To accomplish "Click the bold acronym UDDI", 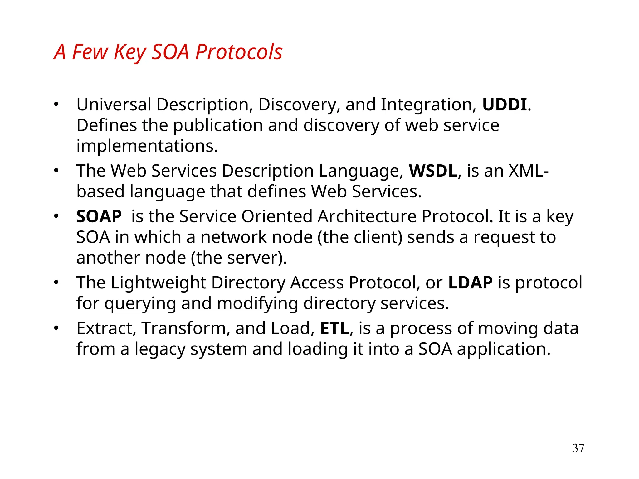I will pos(504,105).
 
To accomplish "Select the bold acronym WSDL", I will pos(433,171).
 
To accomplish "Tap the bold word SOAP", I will pos(99,216).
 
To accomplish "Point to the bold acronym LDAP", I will pos(470,283).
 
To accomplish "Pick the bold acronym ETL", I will pos(334,328).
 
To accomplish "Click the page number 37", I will pos(578,448).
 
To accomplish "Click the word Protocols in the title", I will pos(239,52).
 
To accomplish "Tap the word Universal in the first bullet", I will pos(114,105).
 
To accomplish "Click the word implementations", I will pos(147,146).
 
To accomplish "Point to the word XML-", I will pos(529,171).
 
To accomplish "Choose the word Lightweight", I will pos(159,283).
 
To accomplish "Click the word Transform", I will pos(186,328).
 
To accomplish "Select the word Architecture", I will pos(367,216).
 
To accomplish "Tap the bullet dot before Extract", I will pos(56,328).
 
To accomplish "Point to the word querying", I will pos(140,303).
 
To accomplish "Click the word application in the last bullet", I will pos(503,349).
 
